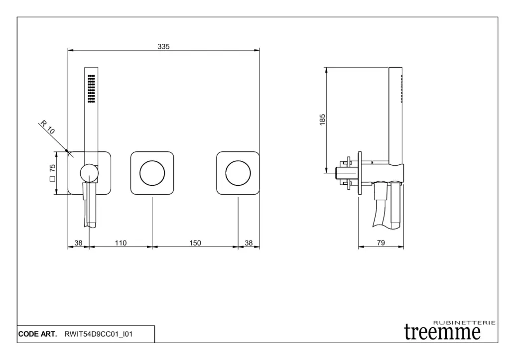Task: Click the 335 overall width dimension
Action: click(x=163, y=46)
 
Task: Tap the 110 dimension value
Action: click(x=121, y=243)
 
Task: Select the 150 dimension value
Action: click(x=195, y=243)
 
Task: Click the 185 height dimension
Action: click(x=322, y=120)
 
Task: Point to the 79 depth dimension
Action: click(x=381, y=242)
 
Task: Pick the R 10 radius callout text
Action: click(x=47, y=127)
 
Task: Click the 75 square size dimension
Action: click(x=52, y=173)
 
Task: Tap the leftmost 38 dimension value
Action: click(x=78, y=243)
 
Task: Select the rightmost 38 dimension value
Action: click(x=249, y=243)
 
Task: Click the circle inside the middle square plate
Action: click(x=152, y=161)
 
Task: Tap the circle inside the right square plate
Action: click(x=238, y=161)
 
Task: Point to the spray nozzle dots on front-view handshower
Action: click(x=92, y=89)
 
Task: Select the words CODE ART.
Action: click(x=38, y=334)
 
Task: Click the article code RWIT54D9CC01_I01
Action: click(x=99, y=334)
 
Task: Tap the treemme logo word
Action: click(x=442, y=332)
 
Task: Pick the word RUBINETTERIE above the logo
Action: click(x=465, y=323)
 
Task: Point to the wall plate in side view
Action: click(x=360, y=173)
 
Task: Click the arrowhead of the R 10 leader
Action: click(x=67, y=151)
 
